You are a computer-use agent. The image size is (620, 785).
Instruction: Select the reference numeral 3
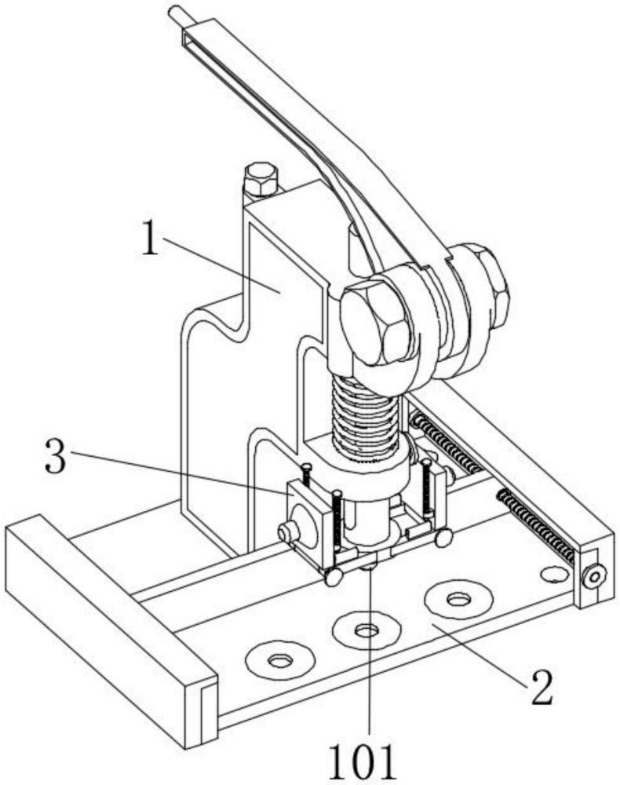pos(56,456)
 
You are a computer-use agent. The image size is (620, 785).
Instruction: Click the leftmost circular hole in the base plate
pos(279,660)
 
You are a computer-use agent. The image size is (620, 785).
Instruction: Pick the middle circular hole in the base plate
pos(367,630)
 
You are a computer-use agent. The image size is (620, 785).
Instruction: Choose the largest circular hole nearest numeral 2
pos(458,598)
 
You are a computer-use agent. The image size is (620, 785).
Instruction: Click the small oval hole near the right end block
pos(554,573)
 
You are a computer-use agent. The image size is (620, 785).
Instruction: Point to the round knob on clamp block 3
pos(287,533)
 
